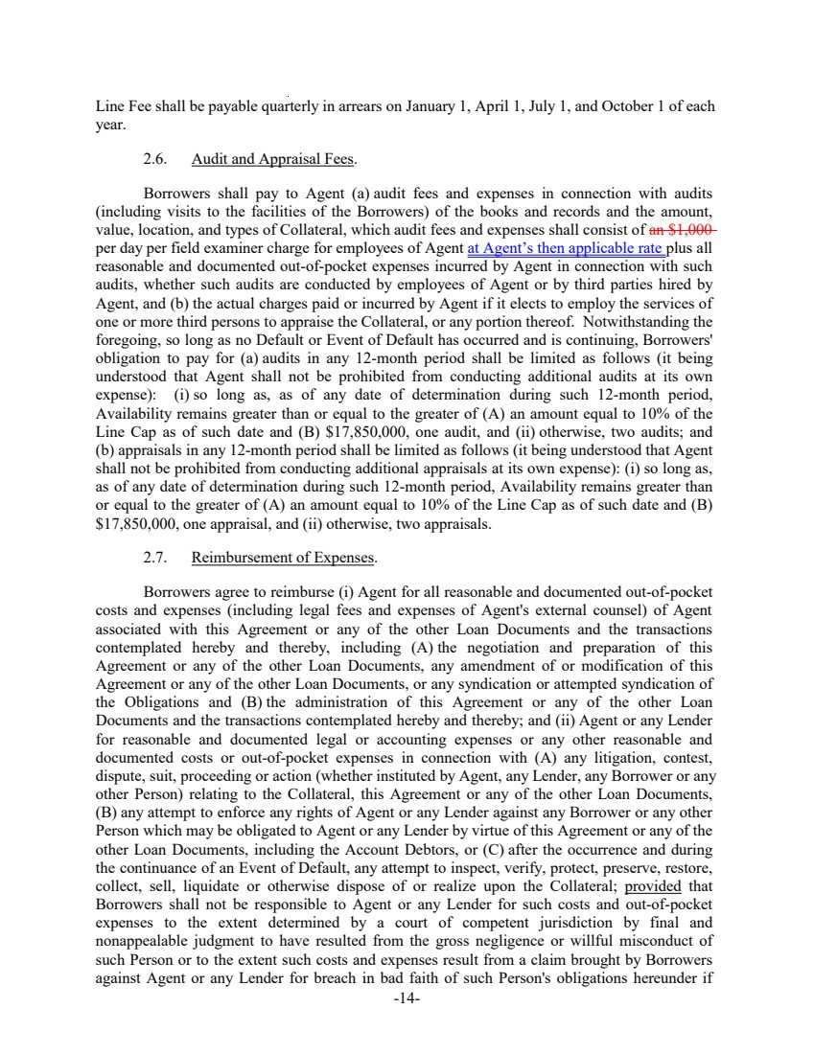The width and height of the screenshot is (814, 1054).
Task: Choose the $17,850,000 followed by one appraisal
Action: tap(140, 524)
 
